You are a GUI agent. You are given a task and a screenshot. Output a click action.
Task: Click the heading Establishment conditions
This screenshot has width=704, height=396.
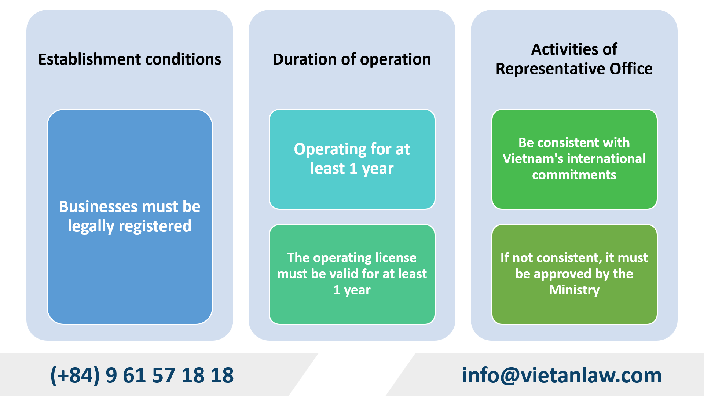click(x=129, y=59)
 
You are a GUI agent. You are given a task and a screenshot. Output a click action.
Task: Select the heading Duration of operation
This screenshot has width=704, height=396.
click(x=352, y=59)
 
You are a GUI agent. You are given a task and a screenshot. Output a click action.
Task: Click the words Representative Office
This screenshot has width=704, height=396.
click(x=574, y=69)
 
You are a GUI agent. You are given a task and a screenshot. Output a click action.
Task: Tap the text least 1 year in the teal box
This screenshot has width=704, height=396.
click(x=352, y=169)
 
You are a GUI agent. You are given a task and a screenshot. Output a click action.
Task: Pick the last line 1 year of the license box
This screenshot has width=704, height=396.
click(x=352, y=290)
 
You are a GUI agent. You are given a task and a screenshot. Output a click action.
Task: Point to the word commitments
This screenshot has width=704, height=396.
click(x=574, y=175)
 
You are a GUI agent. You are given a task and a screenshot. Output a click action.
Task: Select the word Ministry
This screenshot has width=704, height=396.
click(x=574, y=290)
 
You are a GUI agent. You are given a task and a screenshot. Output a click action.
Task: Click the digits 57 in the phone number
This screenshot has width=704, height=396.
click(x=164, y=375)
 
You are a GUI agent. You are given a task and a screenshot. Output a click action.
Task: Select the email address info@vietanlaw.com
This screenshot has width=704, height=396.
click(x=561, y=375)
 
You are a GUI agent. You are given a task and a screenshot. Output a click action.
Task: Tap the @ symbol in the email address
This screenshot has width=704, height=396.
click(x=510, y=375)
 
